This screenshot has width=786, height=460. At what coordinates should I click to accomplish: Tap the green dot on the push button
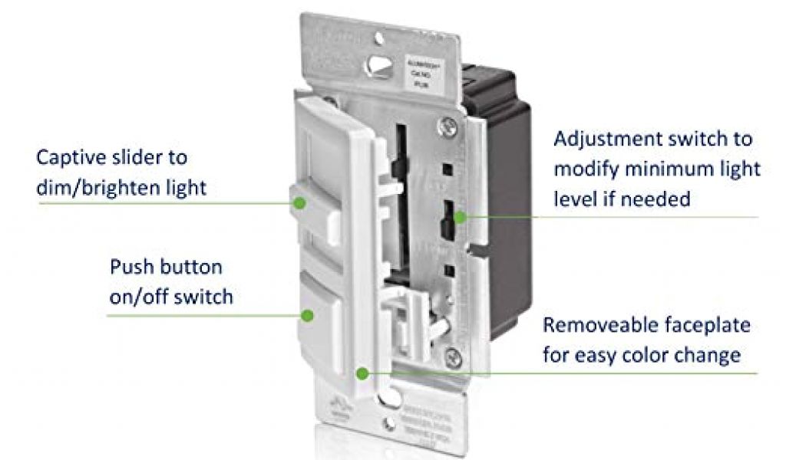click(x=308, y=315)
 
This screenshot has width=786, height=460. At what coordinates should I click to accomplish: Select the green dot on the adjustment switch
click(x=459, y=217)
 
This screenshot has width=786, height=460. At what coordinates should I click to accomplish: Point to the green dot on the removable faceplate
click(x=361, y=373)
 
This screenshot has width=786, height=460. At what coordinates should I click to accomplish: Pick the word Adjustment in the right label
click(x=611, y=140)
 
